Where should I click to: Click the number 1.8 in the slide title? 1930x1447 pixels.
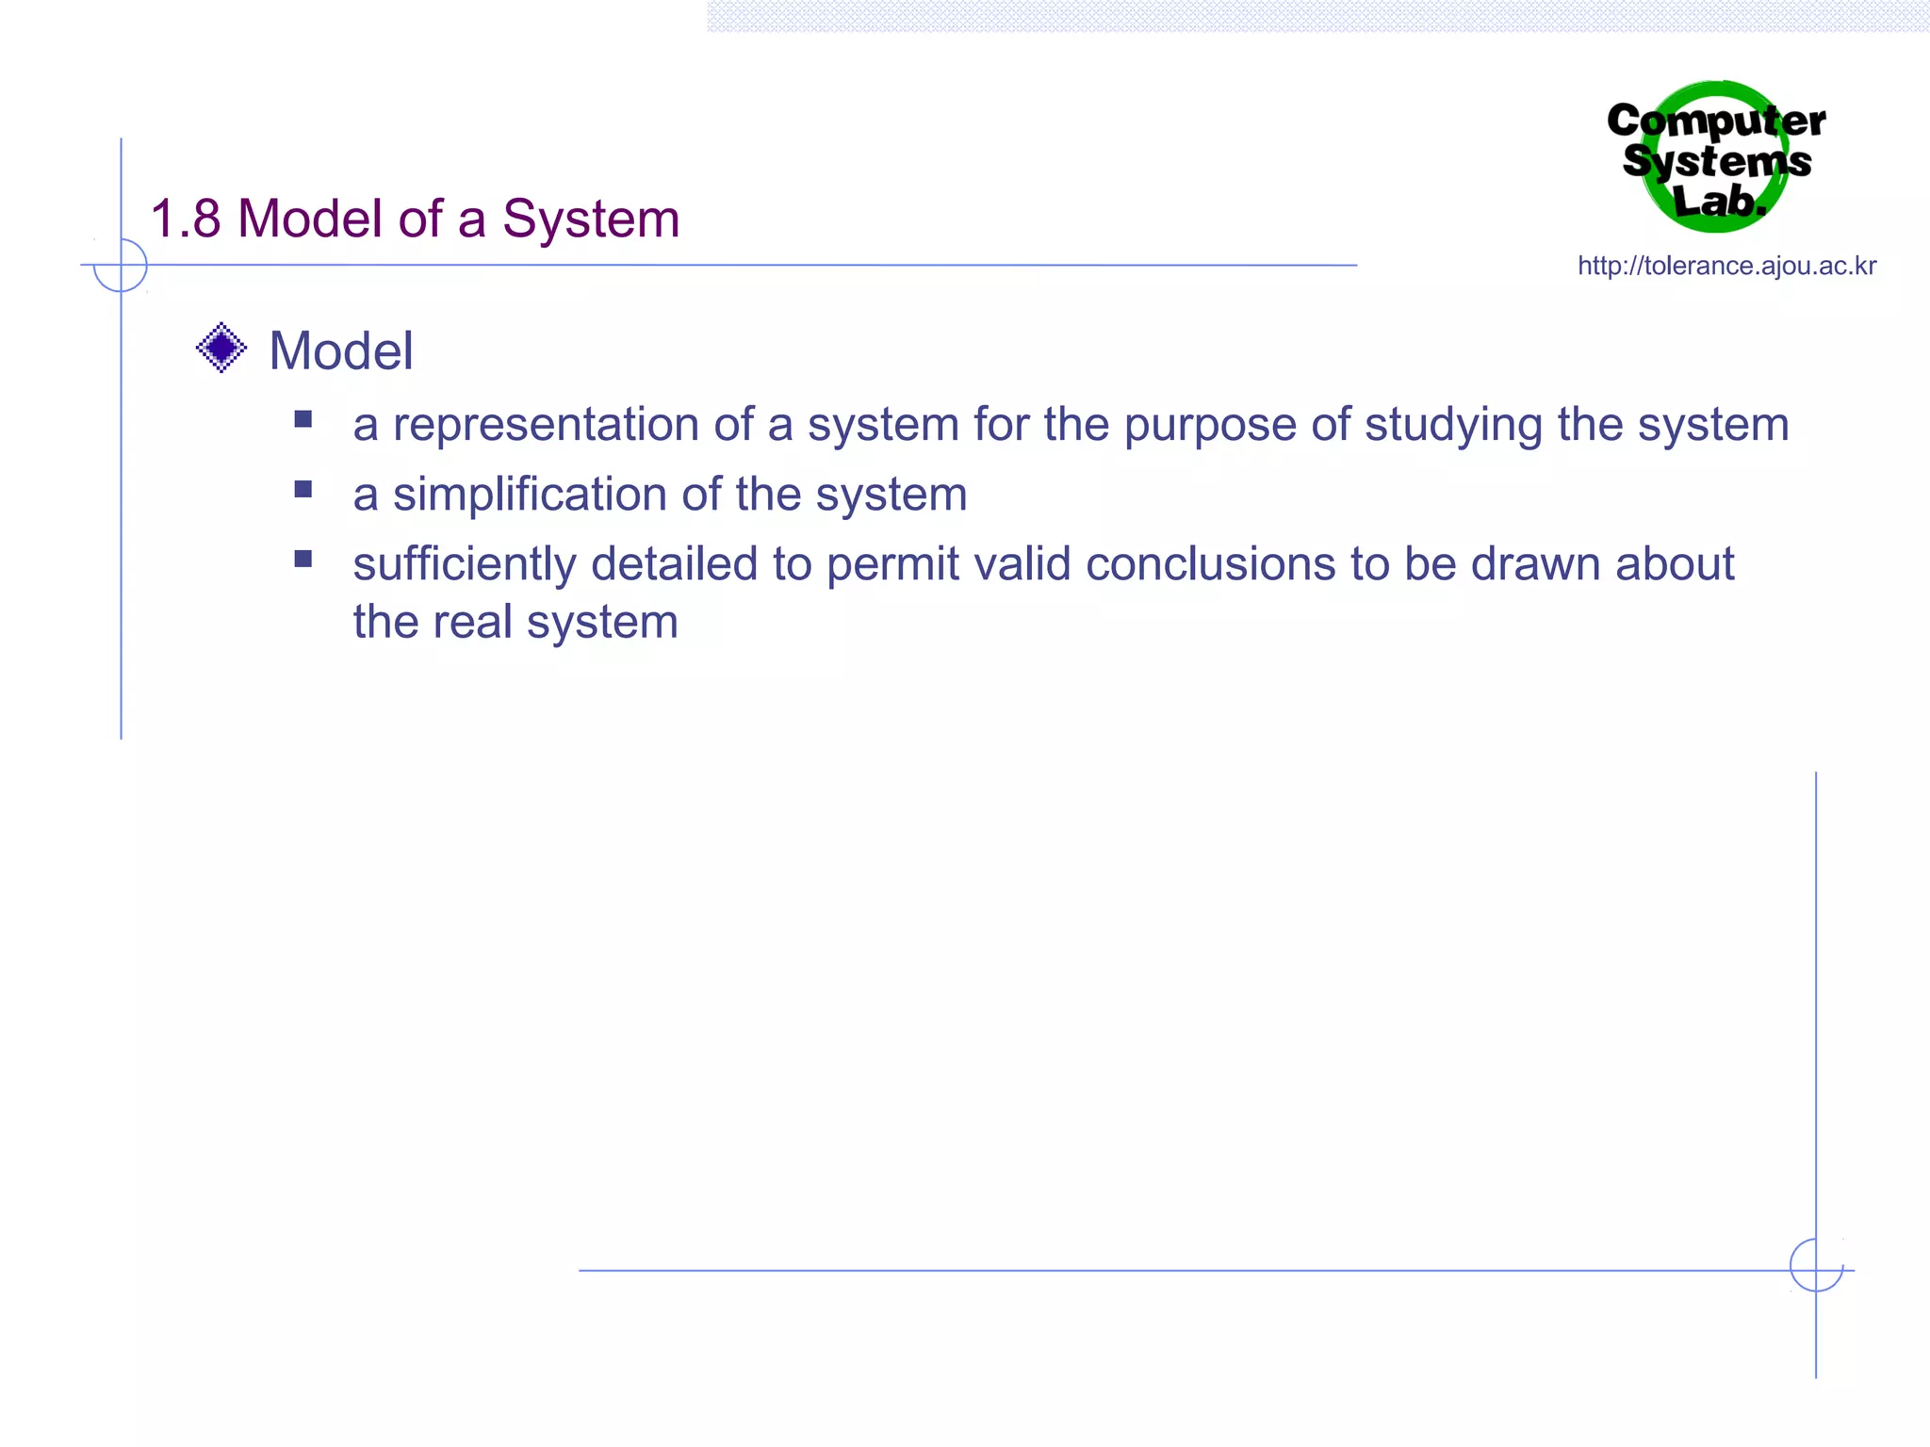[186, 219]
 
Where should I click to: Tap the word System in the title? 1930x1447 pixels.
[590, 219]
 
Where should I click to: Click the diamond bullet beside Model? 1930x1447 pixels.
[221, 348]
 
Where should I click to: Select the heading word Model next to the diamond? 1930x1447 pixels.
[341, 351]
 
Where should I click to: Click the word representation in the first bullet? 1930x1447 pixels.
[546, 425]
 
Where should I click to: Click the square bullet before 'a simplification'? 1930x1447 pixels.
[303, 489]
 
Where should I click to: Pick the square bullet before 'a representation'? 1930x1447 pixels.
[303, 419]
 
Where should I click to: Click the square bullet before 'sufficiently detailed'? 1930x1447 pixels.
[303, 559]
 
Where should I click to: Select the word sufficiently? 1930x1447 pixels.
[465, 564]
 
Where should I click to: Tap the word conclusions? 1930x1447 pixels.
[1210, 564]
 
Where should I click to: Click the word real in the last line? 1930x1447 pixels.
[473, 623]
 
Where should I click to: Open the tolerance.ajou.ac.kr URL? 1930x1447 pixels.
[1726, 267]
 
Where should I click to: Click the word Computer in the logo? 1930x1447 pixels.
[1715, 122]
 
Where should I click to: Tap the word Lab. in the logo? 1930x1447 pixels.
[1718, 201]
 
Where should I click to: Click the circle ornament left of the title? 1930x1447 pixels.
[121, 266]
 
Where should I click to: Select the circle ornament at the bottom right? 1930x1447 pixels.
[1816, 1265]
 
